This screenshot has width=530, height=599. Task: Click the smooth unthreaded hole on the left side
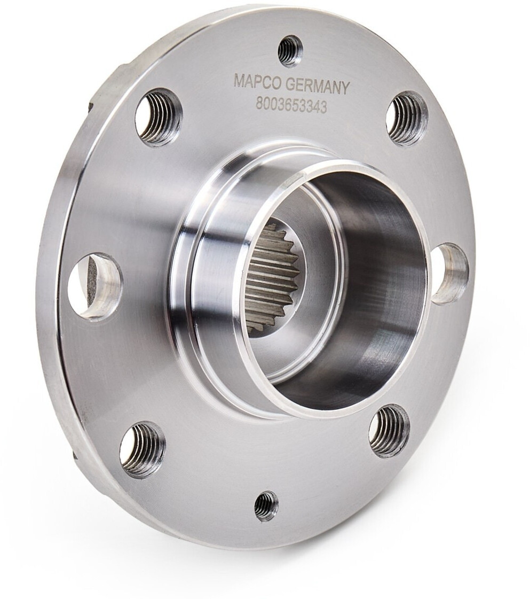coord(96,286)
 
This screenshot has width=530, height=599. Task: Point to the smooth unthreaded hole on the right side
coord(450,272)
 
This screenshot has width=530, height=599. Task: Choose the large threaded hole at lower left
coord(143,449)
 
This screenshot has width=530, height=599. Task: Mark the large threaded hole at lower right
coord(389,431)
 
